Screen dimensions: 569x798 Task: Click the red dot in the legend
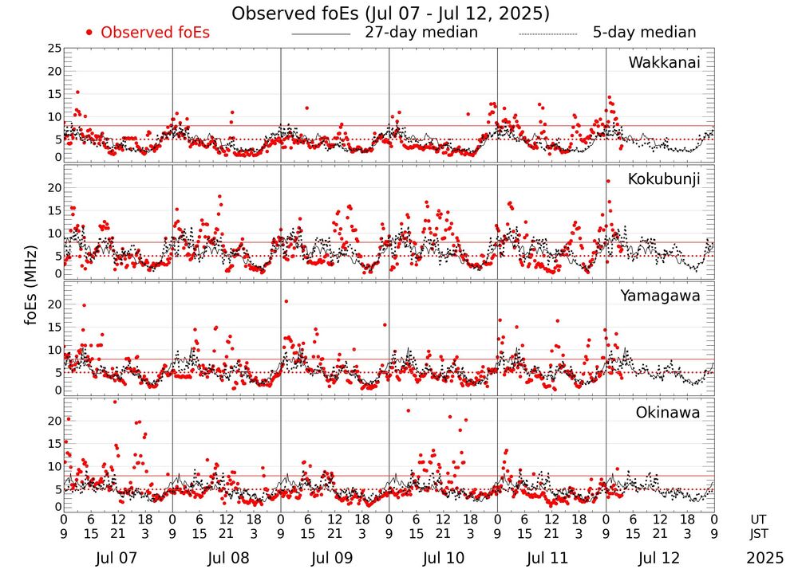pyautogui.click(x=89, y=33)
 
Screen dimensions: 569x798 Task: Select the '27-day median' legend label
pyautogui.click(x=421, y=33)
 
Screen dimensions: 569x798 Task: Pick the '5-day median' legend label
pyautogui.click(x=644, y=33)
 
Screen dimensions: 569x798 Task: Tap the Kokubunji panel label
pyautogui.click(x=664, y=179)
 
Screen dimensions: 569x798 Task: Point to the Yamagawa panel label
pyautogui.click(x=661, y=296)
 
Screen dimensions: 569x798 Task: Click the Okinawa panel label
pyautogui.click(x=667, y=413)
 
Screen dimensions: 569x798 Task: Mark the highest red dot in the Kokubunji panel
pyautogui.click(x=608, y=181)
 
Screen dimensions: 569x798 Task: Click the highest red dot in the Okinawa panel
pyautogui.click(x=115, y=402)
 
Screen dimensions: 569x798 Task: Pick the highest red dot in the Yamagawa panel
pyautogui.click(x=286, y=301)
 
